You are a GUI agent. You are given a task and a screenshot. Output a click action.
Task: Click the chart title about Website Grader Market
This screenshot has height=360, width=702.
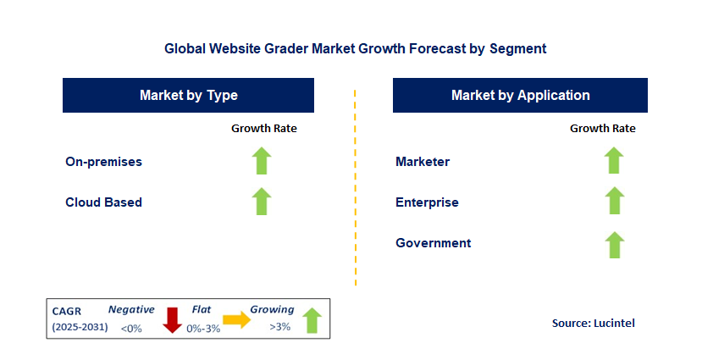355,48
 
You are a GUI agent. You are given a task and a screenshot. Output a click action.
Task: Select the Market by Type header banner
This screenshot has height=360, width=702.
188,96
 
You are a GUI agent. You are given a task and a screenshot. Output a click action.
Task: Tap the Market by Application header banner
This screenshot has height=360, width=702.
520,96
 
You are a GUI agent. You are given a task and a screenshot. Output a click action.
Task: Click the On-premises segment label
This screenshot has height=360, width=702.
103,162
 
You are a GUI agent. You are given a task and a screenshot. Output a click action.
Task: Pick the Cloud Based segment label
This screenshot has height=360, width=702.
103,202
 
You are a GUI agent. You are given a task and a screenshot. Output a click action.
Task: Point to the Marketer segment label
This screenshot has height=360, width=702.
423,162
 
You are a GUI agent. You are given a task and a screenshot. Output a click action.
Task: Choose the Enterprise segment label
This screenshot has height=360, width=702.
427,202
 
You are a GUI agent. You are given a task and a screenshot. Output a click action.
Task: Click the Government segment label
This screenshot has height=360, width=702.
433,243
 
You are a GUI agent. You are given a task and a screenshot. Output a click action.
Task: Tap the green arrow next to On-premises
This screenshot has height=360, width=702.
262,161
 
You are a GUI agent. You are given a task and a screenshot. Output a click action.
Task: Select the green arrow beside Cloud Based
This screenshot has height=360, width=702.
262,202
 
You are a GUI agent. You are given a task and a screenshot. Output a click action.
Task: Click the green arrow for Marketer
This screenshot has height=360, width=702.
614,160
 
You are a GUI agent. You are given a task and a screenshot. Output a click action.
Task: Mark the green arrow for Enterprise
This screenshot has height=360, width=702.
614,201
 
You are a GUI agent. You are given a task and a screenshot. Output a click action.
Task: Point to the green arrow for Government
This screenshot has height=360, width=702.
614,245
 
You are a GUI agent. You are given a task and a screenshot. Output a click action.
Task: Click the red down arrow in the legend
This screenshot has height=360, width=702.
172,320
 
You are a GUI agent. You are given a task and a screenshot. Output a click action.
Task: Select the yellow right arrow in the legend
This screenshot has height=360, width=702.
237,319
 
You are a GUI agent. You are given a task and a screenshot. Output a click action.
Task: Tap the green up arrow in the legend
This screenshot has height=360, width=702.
312,320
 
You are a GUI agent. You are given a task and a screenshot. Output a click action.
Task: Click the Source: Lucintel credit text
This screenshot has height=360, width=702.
594,324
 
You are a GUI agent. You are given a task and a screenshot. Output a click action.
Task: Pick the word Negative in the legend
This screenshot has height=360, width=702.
131,309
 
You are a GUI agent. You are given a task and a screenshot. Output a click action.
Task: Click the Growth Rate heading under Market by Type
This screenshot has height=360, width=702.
263,129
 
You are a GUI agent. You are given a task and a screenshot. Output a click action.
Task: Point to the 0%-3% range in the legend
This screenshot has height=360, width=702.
203,329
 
